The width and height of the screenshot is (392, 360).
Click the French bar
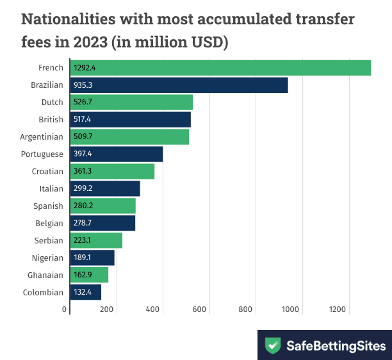pos(220,67)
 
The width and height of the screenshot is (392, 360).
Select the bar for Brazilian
pos(179,85)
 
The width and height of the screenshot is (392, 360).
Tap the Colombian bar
pos(85,292)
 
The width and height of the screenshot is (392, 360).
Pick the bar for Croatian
pos(112,171)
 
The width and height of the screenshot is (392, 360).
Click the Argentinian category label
pos(42,136)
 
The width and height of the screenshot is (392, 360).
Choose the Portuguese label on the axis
pos(42,154)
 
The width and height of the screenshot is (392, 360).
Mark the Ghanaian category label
pos(46,275)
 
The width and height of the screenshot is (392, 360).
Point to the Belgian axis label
pos(49,223)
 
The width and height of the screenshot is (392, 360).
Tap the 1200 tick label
pos(338,310)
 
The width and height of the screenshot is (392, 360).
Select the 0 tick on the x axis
pos(65,310)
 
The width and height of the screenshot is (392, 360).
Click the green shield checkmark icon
pos(274,346)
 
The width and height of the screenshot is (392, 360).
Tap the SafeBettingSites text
pos(336,346)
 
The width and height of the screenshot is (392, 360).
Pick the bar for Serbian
pos(96,240)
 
